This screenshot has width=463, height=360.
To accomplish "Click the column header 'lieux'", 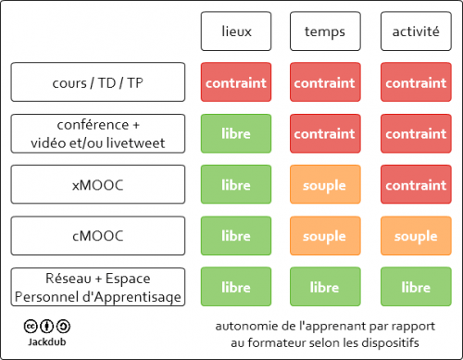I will [x=236, y=31].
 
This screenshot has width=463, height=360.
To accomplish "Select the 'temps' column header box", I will [x=325, y=31].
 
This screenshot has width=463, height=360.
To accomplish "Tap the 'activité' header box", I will [x=416, y=31].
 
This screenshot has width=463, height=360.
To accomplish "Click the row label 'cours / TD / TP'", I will [x=97, y=82].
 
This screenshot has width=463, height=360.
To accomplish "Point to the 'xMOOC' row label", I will [x=97, y=185].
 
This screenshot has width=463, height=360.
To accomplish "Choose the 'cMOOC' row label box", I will [x=97, y=236].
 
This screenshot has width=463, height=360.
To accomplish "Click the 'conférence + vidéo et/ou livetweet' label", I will [x=97, y=133].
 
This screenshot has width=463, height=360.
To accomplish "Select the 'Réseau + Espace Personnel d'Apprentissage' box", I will [x=97, y=287].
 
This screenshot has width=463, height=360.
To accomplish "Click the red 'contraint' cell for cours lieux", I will [x=236, y=82].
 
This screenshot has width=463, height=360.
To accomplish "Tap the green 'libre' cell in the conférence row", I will [x=236, y=133].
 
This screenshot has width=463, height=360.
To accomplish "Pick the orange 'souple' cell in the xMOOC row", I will [x=325, y=185].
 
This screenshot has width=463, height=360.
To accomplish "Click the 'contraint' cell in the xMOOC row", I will [x=416, y=185].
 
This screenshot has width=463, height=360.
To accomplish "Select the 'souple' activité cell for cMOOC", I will [x=416, y=236].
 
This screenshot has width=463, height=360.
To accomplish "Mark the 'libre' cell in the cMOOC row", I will [x=236, y=236].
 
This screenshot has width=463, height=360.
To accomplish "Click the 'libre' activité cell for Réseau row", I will [x=416, y=287].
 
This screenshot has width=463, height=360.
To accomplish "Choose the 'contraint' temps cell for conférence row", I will [x=325, y=133].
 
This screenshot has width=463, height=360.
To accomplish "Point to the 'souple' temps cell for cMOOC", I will [x=325, y=236].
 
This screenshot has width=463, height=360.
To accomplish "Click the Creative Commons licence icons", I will [x=47, y=326].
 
